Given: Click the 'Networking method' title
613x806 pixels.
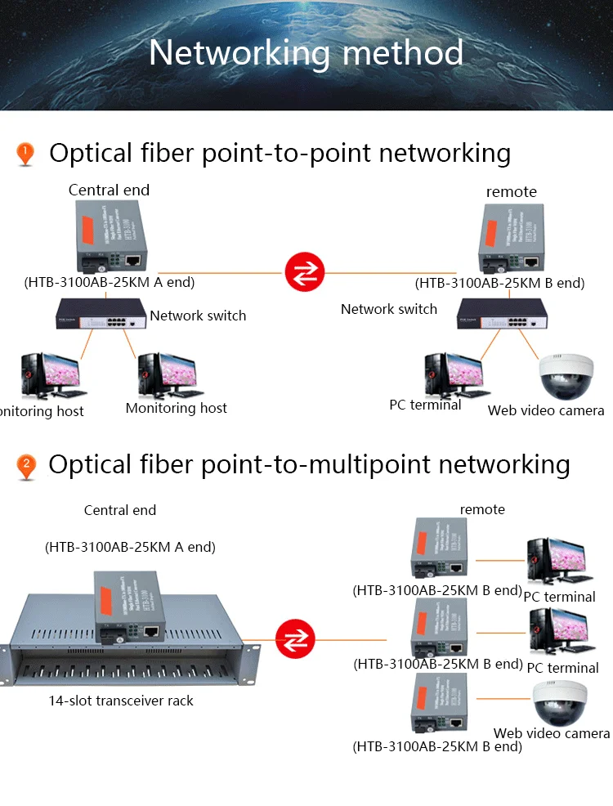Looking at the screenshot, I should click(306, 52).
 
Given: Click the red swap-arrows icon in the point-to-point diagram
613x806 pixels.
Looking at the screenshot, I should click(304, 272).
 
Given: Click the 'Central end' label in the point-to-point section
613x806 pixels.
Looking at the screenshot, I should click(109, 190).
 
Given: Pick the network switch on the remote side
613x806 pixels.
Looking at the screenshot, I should click(502, 314).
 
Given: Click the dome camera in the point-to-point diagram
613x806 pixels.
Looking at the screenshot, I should click(566, 377).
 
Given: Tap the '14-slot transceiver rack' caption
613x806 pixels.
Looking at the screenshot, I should click(120, 701).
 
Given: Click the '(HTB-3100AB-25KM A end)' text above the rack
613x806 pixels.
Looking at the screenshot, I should click(130, 548).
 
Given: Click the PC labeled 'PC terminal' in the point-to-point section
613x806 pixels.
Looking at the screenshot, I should click(447, 374).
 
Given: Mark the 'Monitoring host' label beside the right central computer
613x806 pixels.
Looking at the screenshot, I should click(177, 408).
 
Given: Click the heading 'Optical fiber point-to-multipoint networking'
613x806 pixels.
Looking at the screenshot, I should click(309, 464).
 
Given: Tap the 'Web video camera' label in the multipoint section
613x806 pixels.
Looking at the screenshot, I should click(552, 733).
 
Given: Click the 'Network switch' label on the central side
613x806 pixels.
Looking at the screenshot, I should click(198, 316).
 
